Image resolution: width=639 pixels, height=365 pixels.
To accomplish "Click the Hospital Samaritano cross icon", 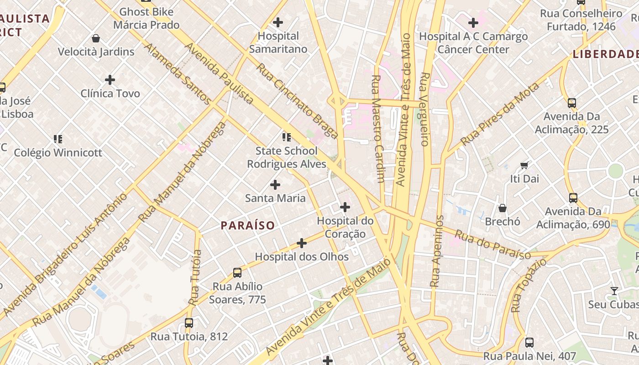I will pyautogui.click(x=278, y=22).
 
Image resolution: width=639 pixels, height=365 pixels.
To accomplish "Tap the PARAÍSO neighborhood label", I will pyautogui.click(x=248, y=225).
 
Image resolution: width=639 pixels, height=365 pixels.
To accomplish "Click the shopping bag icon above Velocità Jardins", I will pyautogui.click(x=96, y=38).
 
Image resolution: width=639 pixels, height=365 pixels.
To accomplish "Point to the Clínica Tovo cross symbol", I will pyautogui.click(x=110, y=80).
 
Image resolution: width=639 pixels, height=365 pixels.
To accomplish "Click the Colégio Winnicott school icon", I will pyautogui.click(x=58, y=139).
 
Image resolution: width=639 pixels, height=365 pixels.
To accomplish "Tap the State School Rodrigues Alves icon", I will pyautogui.click(x=287, y=137).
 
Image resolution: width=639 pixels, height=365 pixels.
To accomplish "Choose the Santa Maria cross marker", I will pyautogui.click(x=275, y=185).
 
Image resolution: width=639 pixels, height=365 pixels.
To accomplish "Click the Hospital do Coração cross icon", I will pyautogui.click(x=345, y=208).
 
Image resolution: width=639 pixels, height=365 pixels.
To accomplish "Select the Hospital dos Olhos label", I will pyautogui.click(x=302, y=257).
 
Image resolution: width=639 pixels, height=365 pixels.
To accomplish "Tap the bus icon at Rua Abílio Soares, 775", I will pyautogui.click(x=237, y=273).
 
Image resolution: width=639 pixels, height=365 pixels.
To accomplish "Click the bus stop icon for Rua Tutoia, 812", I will pyautogui.click(x=189, y=323).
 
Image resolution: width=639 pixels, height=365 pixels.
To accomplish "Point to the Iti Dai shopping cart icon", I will pyautogui.click(x=524, y=165).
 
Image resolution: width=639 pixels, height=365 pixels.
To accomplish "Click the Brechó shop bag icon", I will pyautogui.click(x=503, y=208).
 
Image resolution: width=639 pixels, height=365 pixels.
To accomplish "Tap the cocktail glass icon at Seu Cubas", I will pyautogui.click(x=614, y=291).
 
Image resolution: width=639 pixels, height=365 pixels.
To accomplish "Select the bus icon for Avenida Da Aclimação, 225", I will pyautogui.click(x=572, y=103).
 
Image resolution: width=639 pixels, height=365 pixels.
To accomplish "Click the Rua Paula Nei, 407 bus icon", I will pyautogui.click(x=529, y=342).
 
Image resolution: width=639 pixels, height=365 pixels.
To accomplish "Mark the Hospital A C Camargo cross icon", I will pyautogui.click(x=473, y=22).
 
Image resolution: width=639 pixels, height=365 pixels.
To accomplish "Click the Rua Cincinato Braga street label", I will pyautogui.click(x=297, y=101).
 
